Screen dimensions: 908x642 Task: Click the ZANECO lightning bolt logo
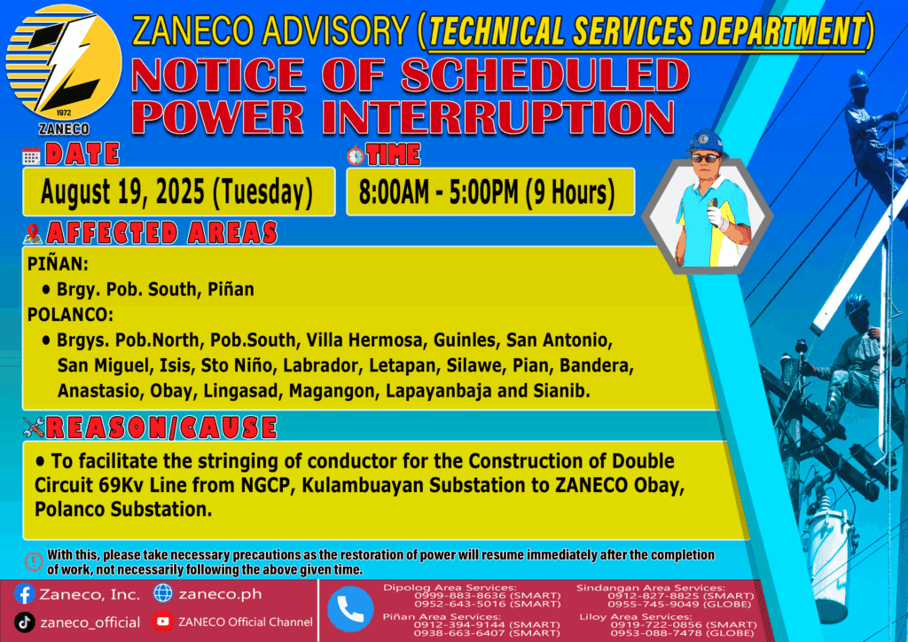click(64, 63)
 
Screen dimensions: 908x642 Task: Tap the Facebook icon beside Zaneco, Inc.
click(25, 594)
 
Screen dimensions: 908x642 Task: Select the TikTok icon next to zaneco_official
click(24, 622)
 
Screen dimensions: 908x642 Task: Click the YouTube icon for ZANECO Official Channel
click(163, 622)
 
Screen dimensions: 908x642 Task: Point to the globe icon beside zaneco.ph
click(163, 593)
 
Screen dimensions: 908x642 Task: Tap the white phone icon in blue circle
click(350, 609)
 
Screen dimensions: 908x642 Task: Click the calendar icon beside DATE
click(31, 156)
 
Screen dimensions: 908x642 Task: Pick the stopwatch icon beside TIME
click(356, 155)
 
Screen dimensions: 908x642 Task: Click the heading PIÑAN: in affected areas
click(58, 264)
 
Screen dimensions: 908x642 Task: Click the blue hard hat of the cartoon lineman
click(706, 143)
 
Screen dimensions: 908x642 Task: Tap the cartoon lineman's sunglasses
click(706, 158)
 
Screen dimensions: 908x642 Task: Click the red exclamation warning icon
click(34, 561)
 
